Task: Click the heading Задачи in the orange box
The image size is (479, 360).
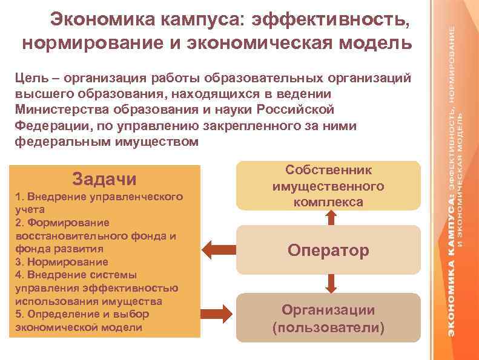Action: [104, 179]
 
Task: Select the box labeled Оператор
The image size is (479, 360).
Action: [328, 250]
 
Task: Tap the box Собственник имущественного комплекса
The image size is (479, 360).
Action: [328, 186]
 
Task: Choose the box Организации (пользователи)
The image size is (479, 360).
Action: [328, 318]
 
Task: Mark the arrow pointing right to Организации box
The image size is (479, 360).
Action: [216, 312]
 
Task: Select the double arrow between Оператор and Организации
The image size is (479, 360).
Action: [330, 282]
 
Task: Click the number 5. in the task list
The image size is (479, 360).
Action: [19, 315]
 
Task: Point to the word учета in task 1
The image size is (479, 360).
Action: [28, 210]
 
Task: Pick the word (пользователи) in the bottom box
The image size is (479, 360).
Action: [328, 328]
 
